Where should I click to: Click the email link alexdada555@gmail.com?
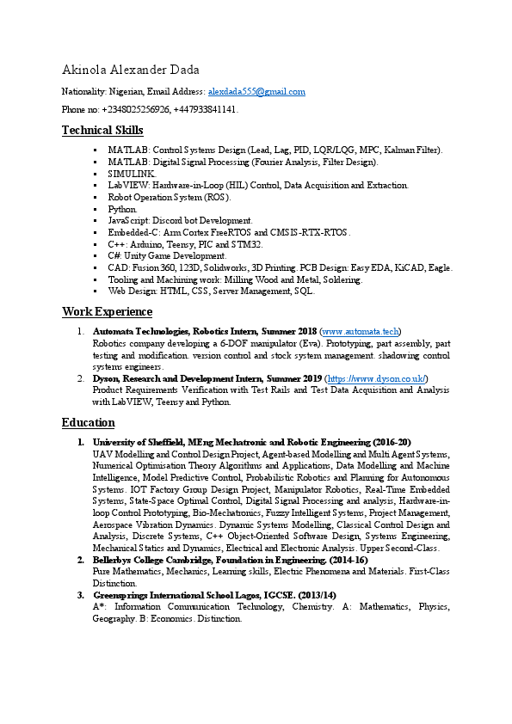point(256,91)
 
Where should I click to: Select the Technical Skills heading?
point(102,131)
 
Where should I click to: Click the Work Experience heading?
point(107,311)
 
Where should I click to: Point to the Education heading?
point(88,422)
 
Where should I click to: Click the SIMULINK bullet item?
point(132,173)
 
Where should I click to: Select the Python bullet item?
point(121,209)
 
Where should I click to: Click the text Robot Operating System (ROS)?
point(157,197)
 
